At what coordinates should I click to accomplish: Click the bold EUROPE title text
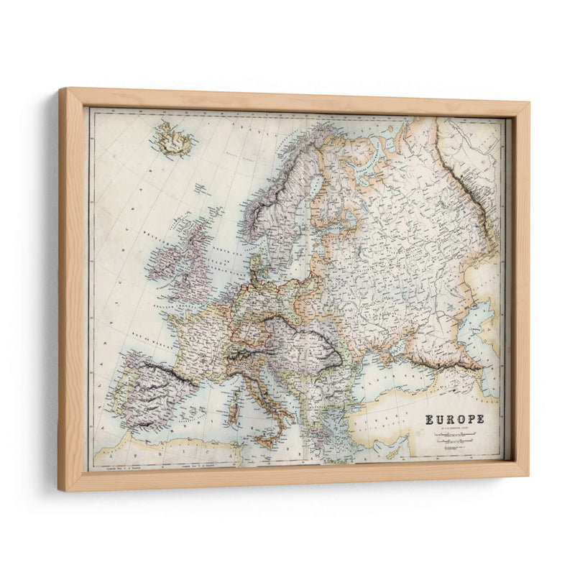coord(454,420)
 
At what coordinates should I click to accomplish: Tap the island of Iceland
coord(174,139)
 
